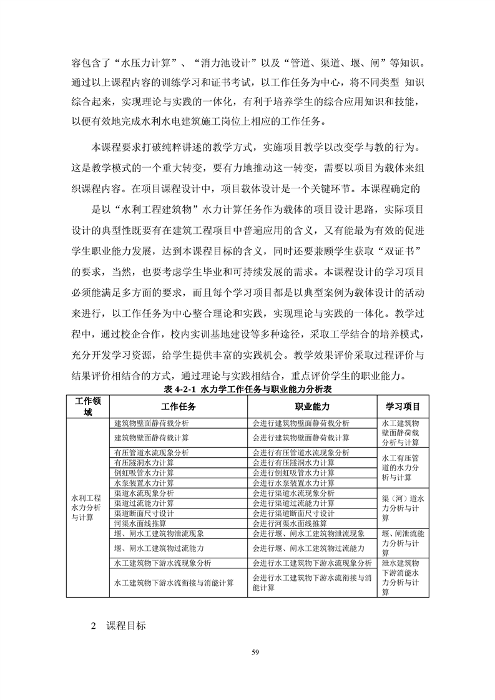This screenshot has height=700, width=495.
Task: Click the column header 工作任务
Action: click(x=179, y=406)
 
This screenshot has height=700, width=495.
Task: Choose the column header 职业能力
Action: click(x=312, y=406)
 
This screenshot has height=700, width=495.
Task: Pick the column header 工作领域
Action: click(x=88, y=406)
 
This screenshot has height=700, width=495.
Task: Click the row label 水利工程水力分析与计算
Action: click(x=87, y=508)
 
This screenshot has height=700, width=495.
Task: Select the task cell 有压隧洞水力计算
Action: click(x=144, y=463)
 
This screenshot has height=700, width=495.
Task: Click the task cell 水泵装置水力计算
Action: click(x=144, y=483)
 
